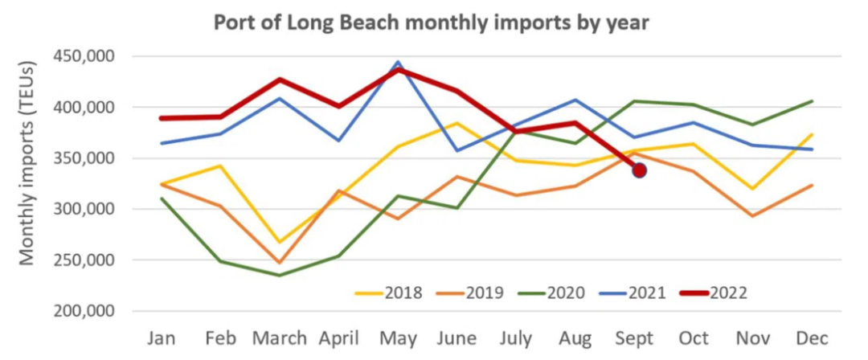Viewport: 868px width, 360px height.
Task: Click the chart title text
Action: [431, 22]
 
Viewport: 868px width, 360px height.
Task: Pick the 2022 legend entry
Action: [714, 292]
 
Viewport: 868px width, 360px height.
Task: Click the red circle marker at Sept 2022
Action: [640, 170]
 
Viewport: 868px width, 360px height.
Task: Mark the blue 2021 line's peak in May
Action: [398, 61]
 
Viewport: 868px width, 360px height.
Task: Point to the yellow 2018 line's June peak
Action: [458, 123]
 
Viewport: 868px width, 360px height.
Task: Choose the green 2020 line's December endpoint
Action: [813, 101]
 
